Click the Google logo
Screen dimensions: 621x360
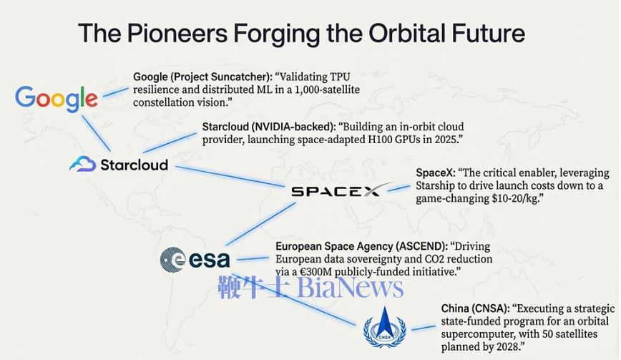coord(57,98)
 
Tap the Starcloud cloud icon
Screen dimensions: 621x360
coord(83,164)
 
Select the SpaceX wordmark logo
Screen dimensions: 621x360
coord(341,190)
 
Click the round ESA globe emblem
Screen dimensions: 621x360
coord(172,260)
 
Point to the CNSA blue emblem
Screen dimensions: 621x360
coord(385,328)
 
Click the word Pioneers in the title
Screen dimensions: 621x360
coord(177,33)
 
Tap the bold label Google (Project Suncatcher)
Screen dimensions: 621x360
coord(202,77)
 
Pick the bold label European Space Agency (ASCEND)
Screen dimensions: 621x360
coord(361,246)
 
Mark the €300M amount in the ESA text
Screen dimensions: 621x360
coord(316,272)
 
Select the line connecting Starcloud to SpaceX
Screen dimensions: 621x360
coord(230,176)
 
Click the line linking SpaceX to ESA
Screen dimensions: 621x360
coord(260,224)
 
